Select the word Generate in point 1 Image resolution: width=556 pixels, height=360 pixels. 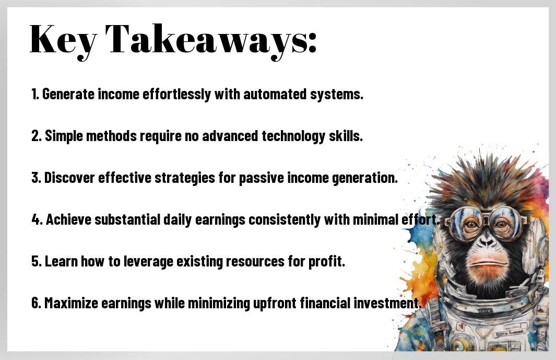[68, 95]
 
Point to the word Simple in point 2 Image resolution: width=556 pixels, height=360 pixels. [64, 136]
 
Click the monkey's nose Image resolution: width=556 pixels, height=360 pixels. [487, 242]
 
